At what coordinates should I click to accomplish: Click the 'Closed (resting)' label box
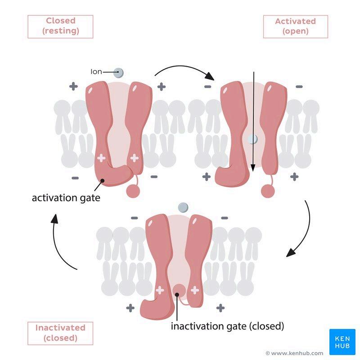pos(60,26)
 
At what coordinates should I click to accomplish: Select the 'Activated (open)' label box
pos(295,27)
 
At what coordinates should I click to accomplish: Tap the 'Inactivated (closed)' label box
pos(60,333)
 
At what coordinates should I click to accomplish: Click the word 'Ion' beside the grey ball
pos(96,72)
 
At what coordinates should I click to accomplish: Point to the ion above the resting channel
pos(118,72)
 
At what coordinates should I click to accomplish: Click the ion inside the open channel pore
pos(253,139)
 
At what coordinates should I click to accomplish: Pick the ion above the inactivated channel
pos(183,207)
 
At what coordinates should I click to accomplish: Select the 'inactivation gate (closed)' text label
pos(227,326)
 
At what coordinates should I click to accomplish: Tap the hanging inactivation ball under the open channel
pos(268,190)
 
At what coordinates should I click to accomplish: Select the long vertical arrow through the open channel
pos(253,121)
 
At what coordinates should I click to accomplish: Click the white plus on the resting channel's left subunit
pos(101,158)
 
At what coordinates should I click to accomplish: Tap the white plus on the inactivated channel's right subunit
pos(195,290)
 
